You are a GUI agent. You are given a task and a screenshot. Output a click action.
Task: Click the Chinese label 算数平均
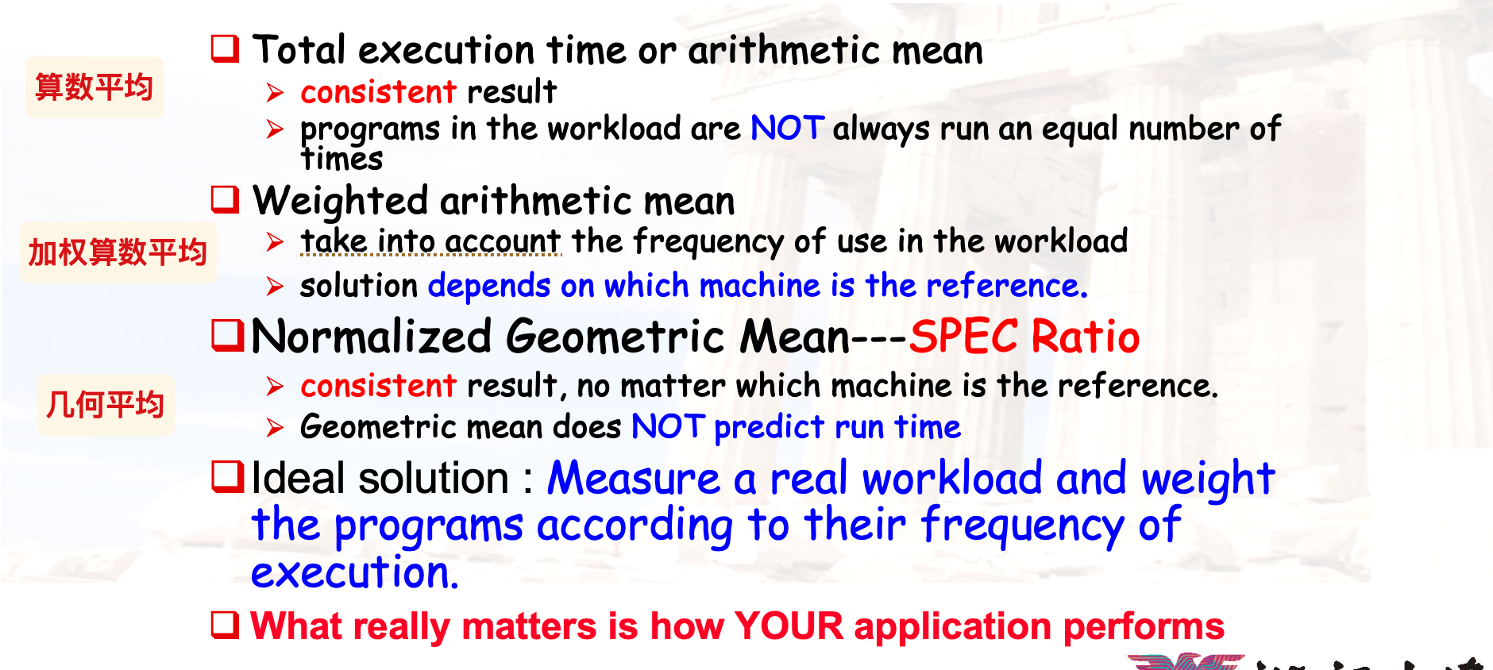(x=94, y=87)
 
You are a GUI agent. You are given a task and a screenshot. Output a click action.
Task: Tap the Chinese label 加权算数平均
(x=118, y=252)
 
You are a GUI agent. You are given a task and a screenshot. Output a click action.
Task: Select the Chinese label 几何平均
(x=105, y=404)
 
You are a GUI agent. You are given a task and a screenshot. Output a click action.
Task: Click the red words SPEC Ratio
(x=1024, y=336)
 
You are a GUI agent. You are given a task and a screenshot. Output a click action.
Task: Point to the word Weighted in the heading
(x=341, y=201)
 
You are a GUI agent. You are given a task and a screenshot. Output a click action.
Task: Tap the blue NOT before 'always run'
(x=788, y=128)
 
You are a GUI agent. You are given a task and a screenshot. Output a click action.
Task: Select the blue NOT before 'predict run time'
(x=669, y=427)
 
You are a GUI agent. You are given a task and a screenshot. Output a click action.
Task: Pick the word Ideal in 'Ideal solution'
(x=299, y=478)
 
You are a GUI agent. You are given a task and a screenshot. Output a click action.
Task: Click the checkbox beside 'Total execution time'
(x=225, y=48)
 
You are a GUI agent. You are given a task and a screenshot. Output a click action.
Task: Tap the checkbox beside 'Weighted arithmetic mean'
(x=225, y=199)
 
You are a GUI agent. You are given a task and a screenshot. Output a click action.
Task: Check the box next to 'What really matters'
(x=225, y=625)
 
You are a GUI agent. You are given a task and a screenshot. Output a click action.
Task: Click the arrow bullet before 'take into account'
(x=275, y=241)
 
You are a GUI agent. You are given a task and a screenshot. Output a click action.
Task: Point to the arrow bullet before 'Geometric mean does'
(x=275, y=428)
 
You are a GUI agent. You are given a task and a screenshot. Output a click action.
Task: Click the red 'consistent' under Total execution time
(x=379, y=92)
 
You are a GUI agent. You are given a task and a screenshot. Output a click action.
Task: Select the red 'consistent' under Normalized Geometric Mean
(x=379, y=386)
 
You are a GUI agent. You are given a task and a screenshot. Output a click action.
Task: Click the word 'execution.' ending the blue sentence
(x=355, y=572)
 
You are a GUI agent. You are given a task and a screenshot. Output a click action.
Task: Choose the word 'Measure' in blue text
(x=634, y=479)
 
